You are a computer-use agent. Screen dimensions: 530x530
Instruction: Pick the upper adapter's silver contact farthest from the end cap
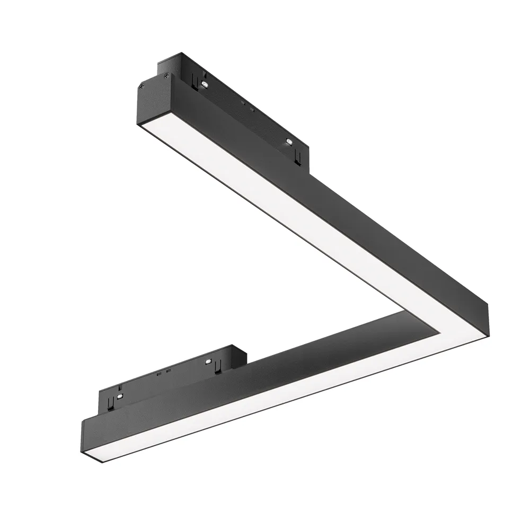[289, 142]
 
